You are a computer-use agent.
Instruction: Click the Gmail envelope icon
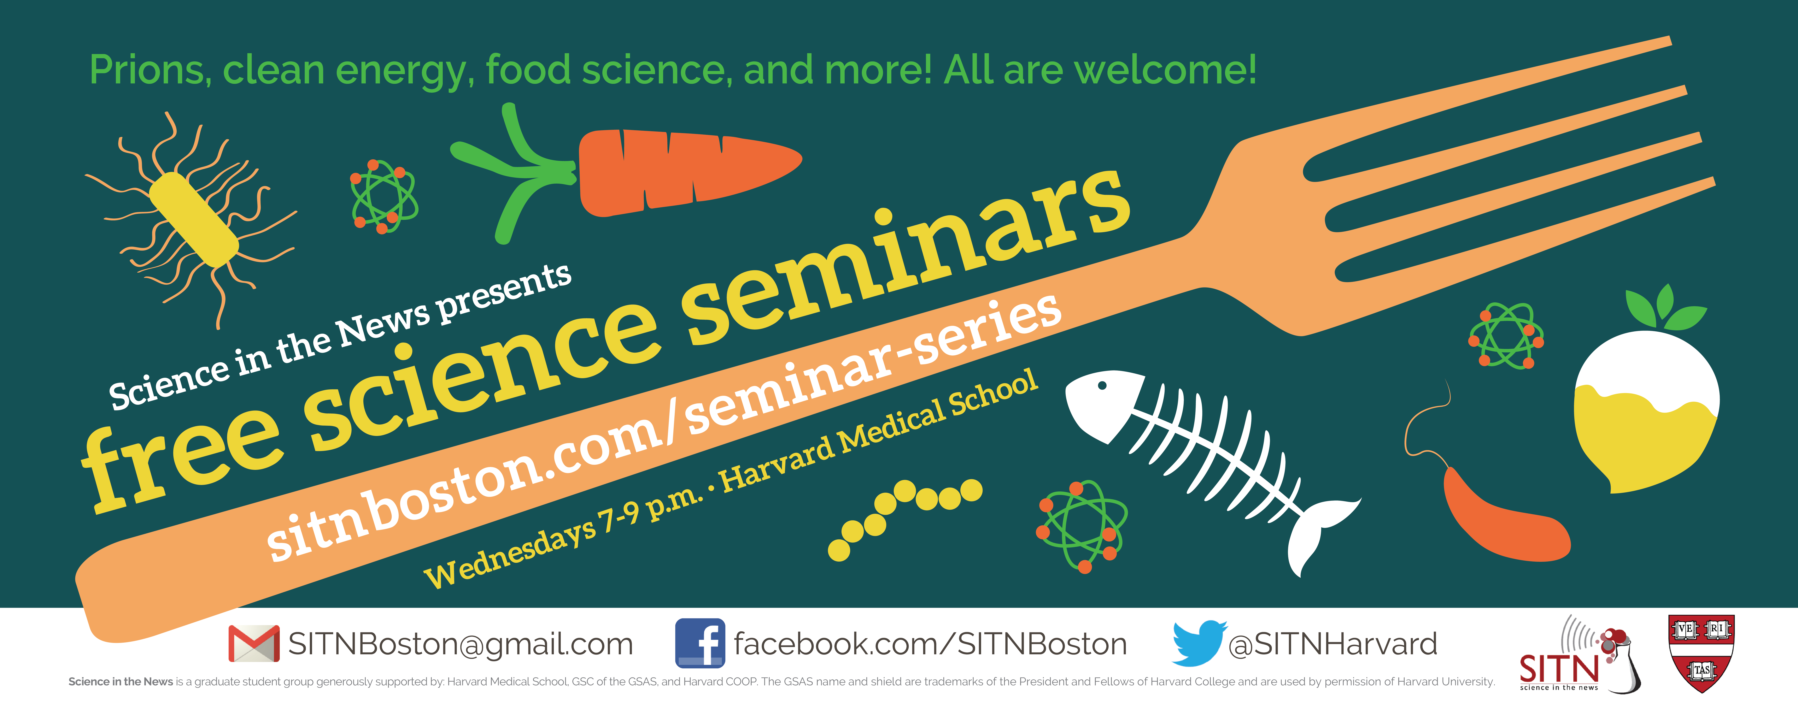pyautogui.click(x=254, y=644)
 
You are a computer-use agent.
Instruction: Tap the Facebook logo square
pyautogui.click(x=700, y=643)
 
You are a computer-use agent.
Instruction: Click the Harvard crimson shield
pyautogui.click(x=1701, y=653)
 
